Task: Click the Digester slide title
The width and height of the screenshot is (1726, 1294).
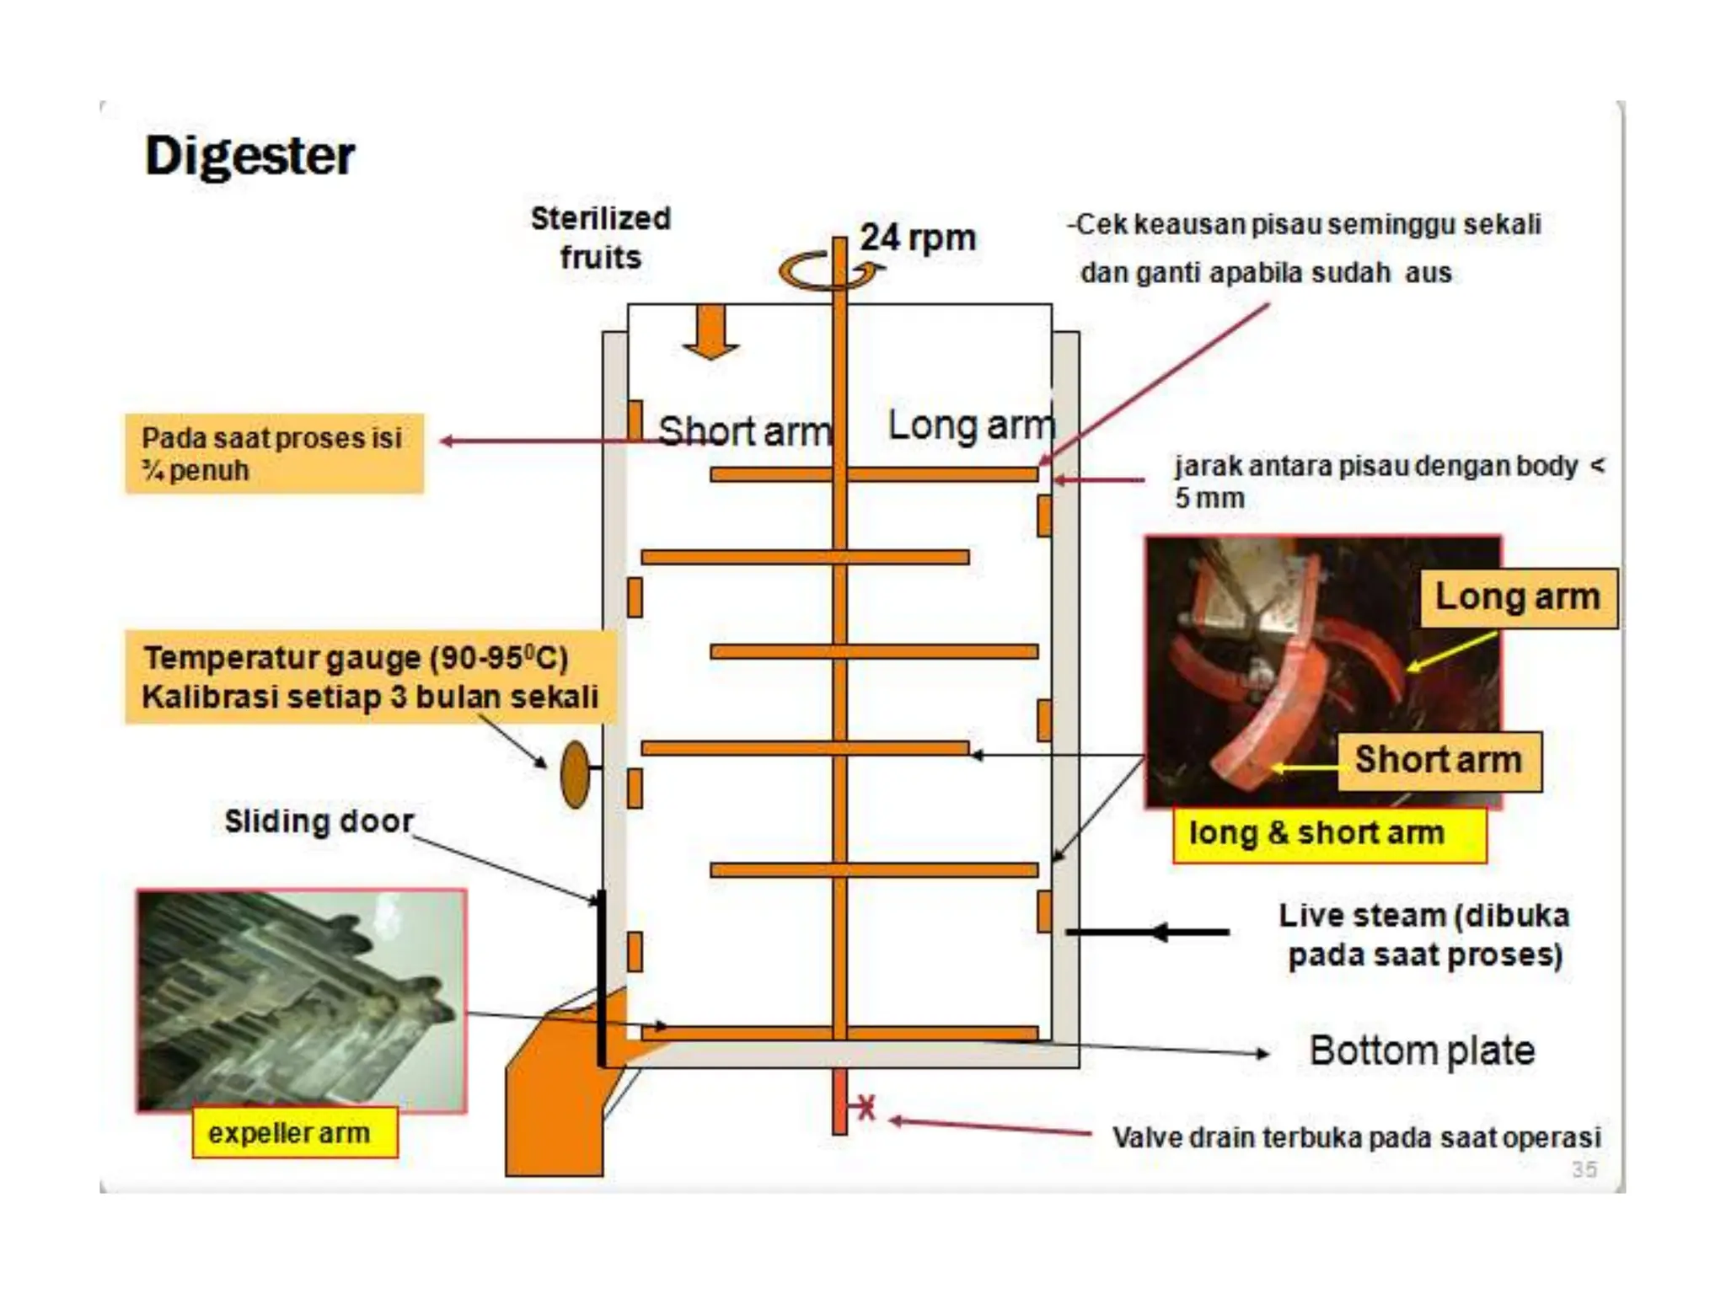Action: click(x=249, y=156)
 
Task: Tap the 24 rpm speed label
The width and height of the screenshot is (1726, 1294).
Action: click(x=917, y=238)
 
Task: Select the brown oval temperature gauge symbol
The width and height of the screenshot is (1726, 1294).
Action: click(x=575, y=774)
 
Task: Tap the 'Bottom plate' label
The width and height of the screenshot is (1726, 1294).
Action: click(x=1422, y=1051)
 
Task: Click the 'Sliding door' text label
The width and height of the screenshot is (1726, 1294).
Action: click(x=319, y=821)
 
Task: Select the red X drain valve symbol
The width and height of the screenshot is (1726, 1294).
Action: click(x=866, y=1107)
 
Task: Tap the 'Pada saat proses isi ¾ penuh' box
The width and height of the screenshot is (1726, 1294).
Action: click(x=274, y=453)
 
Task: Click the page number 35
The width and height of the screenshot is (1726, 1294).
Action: click(x=1584, y=1168)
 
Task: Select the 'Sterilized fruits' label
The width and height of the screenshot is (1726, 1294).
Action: click(x=600, y=238)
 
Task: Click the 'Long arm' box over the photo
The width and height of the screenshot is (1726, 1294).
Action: click(x=1517, y=597)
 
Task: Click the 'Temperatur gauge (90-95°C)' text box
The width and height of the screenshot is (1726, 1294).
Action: click(x=369, y=677)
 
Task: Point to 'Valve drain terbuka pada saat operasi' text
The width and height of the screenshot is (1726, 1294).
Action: click(x=1356, y=1137)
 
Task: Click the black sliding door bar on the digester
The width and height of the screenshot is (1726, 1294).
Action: click(x=601, y=977)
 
